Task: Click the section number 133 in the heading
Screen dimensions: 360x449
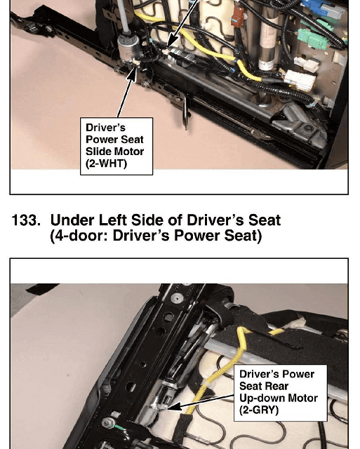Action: pyautogui.click(x=26, y=220)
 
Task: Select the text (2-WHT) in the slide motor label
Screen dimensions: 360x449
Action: pyautogui.click(x=106, y=163)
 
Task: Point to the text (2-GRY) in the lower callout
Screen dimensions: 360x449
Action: pyautogui.click(x=259, y=410)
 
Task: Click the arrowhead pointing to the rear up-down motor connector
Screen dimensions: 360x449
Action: pyautogui.click(x=173, y=407)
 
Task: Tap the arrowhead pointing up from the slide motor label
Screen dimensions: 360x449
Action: pyautogui.click(x=133, y=73)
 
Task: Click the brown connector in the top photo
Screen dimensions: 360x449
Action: pyautogui.click(x=238, y=17)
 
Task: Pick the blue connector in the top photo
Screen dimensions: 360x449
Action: pyautogui.click(x=316, y=8)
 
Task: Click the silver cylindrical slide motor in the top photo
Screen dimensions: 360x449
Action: pyautogui.click(x=128, y=48)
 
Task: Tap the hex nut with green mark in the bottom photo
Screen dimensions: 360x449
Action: pyautogui.click(x=107, y=422)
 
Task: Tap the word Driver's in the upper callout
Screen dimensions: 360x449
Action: pyautogui.click(x=105, y=128)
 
